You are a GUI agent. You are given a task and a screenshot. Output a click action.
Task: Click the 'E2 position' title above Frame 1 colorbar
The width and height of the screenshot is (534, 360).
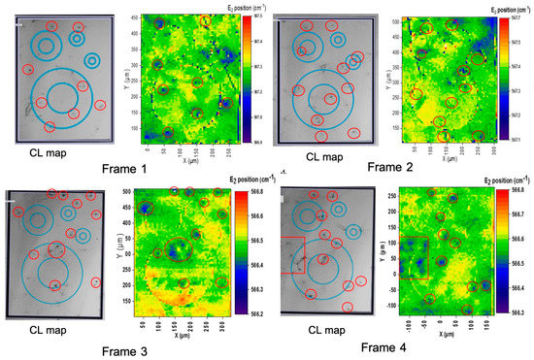[x=240, y=8]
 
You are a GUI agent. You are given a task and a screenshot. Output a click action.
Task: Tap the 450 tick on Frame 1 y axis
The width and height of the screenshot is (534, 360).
[x=136, y=17]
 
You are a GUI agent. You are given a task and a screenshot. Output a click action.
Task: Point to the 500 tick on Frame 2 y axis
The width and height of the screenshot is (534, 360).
[x=396, y=20]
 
